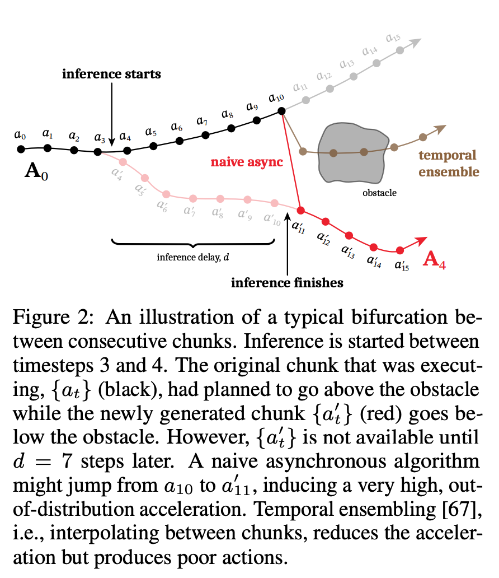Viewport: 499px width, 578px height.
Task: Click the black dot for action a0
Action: click(x=21, y=149)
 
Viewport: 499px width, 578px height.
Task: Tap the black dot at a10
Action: click(x=281, y=110)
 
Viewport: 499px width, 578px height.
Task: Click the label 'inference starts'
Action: click(x=111, y=74)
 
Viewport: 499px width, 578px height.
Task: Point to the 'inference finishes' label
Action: click(x=287, y=283)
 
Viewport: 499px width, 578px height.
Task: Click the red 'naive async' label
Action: click(x=246, y=162)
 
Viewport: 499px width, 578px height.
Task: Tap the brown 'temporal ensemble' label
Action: click(x=449, y=164)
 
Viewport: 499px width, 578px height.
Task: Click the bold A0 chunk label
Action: click(x=36, y=171)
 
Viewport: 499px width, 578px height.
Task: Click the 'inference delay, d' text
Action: click(x=192, y=257)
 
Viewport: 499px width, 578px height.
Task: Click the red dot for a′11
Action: click(x=301, y=211)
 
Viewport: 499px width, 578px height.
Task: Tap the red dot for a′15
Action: click(x=399, y=250)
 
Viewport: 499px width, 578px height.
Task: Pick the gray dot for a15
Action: click(x=400, y=50)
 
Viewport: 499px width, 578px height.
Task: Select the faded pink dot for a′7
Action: click(x=193, y=199)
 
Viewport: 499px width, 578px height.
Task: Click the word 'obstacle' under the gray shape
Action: click(x=379, y=193)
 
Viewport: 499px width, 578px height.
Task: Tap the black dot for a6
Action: click(x=180, y=141)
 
